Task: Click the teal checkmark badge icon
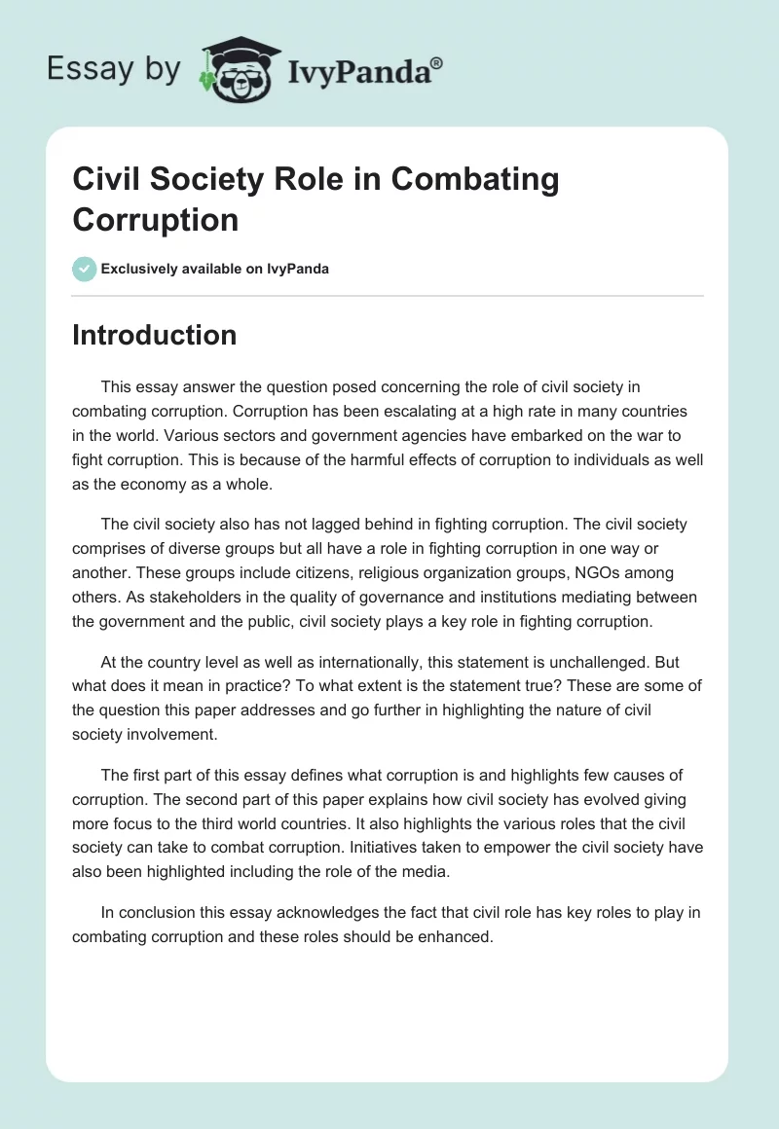coord(85,269)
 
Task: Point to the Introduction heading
coord(155,335)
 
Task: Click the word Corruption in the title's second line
coord(155,220)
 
